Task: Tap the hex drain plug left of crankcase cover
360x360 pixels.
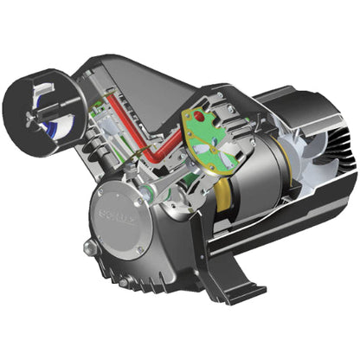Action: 89,248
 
